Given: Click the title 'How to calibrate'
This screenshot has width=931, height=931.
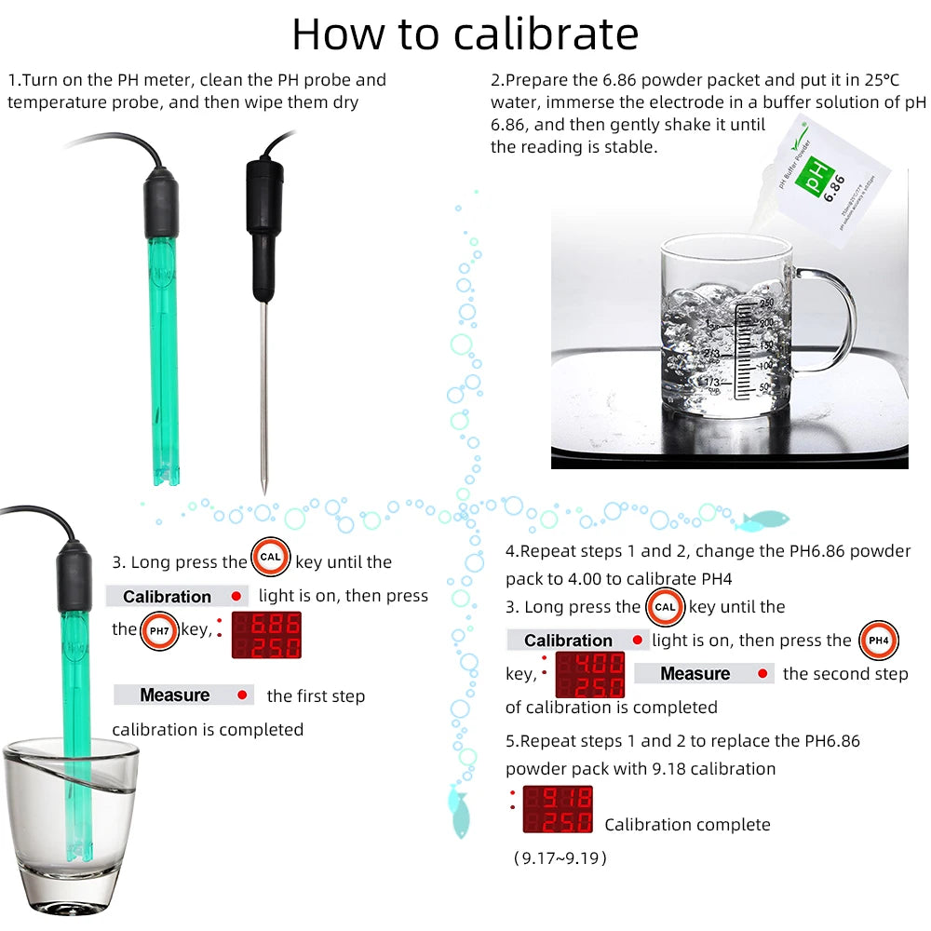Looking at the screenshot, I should pyautogui.click(x=465, y=34).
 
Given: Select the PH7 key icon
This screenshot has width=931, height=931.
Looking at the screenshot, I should pyautogui.click(x=158, y=631).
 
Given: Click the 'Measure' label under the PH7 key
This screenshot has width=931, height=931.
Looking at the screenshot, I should pyautogui.click(x=175, y=695).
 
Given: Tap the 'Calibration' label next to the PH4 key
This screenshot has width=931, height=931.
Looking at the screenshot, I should pyautogui.click(x=568, y=641).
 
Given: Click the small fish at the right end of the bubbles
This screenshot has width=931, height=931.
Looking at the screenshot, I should pyautogui.click(x=769, y=519).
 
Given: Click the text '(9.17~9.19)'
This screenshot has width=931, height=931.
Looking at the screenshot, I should pyautogui.click(x=560, y=857).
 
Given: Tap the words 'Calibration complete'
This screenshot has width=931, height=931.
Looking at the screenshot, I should pyautogui.click(x=687, y=824).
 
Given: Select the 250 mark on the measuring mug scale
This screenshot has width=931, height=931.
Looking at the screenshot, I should pyautogui.click(x=766, y=304).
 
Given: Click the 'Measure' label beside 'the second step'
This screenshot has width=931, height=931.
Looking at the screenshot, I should pyautogui.click(x=695, y=674).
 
